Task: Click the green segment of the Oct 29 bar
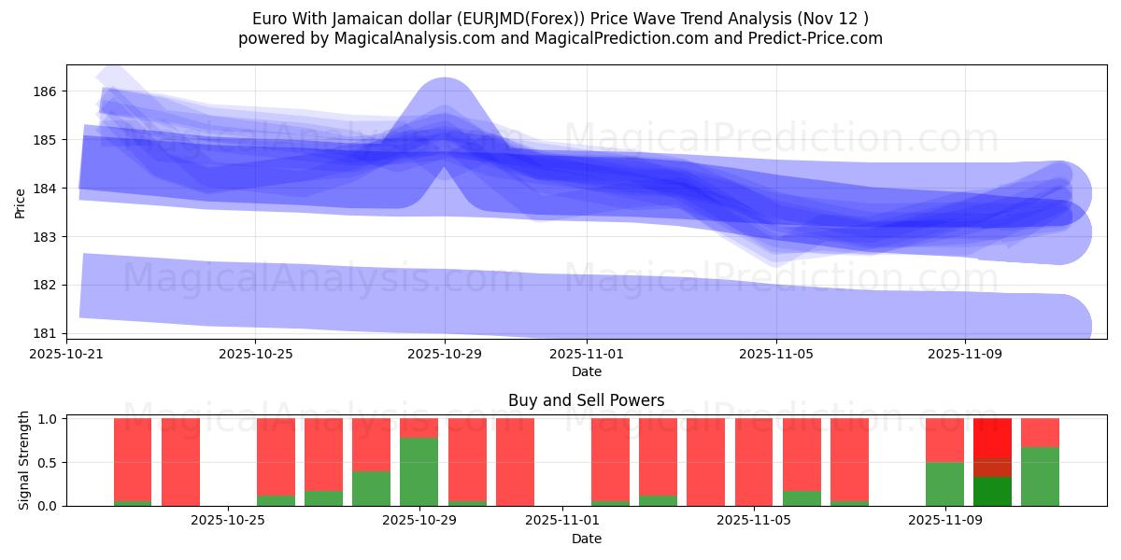419,471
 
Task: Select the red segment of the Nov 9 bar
944,440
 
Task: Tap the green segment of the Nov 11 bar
1040,476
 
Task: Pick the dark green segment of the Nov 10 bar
992,491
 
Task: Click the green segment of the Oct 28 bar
371,488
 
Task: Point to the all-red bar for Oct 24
180,462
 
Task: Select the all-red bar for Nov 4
753,462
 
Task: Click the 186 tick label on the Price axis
45,91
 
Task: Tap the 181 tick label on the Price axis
45,333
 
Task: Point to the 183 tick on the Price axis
45,237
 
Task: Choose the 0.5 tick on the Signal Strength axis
48,463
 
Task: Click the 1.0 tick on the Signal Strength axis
48,419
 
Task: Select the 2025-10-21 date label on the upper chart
66,355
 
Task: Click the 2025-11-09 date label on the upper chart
964,355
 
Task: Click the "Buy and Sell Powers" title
587,400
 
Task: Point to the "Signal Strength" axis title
24,460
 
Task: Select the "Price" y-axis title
20,202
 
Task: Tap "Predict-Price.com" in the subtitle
815,38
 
